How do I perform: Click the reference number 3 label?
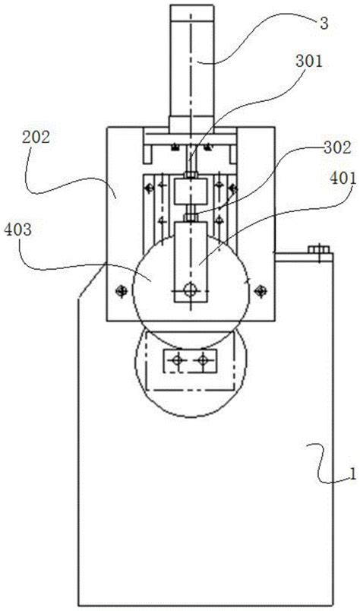[x=324, y=24]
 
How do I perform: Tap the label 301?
[x=309, y=62]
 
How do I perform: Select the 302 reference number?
[x=337, y=148]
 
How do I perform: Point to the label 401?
[x=343, y=179]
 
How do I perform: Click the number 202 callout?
[x=36, y=137]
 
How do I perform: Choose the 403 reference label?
[x=17, y=230]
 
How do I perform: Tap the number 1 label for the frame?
[x=352, y=474]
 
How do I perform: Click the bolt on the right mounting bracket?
[x=319, y=249]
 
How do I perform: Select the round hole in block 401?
[x=191, y=290]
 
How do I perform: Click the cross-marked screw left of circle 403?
[x=122, y=290]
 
